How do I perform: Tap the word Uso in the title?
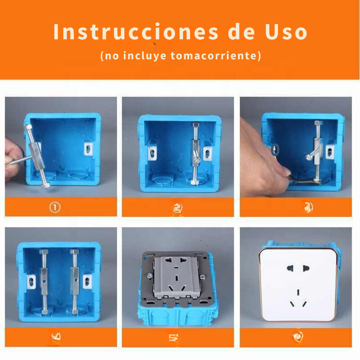286,32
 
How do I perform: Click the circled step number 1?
55,208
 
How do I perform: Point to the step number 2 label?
178,208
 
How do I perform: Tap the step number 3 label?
308,208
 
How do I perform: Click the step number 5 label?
173,338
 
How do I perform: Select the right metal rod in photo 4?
74,282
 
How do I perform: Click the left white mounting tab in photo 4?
32,282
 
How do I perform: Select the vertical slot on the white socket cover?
298,292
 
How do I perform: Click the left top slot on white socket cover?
290,268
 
